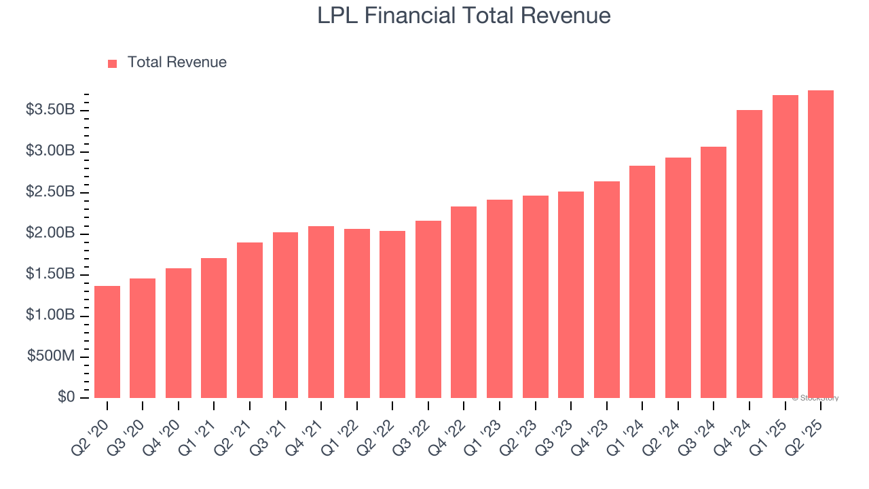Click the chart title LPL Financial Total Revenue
coord(464,16)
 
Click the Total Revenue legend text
coord(177,62)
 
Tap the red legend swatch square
coord(113,63)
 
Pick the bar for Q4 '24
coord(750,254)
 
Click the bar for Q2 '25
coord(821,244)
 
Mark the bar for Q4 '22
coord(464,302)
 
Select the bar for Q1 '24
coord(642,282)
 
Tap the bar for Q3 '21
coord(285,315)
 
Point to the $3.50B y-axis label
coord(50,110)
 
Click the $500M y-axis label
coord(51,357)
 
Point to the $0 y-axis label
coord(65,397)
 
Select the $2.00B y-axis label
coord(50,234)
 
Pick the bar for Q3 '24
coord(714,272)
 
